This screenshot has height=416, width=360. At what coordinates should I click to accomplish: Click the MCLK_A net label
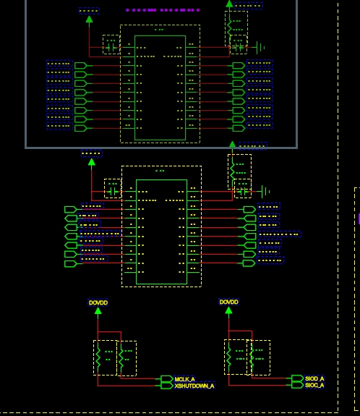(185, 379)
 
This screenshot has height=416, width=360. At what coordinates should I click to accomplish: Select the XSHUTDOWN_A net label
(194, 386)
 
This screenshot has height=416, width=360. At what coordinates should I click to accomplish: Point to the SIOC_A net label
(314, 386)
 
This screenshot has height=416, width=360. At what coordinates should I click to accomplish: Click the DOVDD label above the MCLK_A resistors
(98, 302)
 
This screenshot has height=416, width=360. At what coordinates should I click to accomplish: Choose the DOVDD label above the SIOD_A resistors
(228, 302)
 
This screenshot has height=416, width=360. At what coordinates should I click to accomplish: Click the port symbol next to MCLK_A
(166, 379)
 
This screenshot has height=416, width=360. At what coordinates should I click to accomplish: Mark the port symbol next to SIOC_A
(296, 386)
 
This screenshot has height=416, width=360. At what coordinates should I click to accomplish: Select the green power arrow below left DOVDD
(98, 312)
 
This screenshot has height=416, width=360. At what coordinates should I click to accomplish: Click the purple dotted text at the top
(163, 10)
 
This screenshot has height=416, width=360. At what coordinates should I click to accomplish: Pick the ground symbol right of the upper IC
(260, 48)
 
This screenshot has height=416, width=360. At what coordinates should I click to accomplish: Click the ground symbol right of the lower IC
(265, 191)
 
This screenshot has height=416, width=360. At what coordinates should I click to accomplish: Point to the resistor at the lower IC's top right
(232, 169)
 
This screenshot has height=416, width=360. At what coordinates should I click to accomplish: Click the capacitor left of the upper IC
(111, 48)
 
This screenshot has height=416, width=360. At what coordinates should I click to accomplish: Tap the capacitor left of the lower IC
(112, 190)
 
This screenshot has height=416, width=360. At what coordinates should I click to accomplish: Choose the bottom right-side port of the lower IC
(249, 263)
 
